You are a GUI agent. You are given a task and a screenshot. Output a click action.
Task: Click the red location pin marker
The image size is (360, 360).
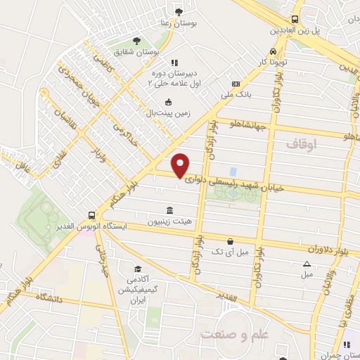(x=181, y=165)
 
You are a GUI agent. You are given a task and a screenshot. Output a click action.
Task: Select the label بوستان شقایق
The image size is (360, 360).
(x=140, y=51)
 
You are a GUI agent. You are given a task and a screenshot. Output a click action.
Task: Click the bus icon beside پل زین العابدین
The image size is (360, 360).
(x=295, y=20)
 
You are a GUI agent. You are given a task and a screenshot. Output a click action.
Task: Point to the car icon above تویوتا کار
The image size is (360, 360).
(x=273, y=52)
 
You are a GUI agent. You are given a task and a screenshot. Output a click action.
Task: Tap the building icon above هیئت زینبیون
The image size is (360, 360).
(x=169, y=210)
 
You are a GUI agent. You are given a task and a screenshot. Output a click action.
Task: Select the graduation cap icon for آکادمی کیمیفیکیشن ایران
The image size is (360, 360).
(x=138, y=269)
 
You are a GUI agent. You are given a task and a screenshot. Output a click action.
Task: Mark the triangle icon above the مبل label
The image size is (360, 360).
(x=306, y=264)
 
